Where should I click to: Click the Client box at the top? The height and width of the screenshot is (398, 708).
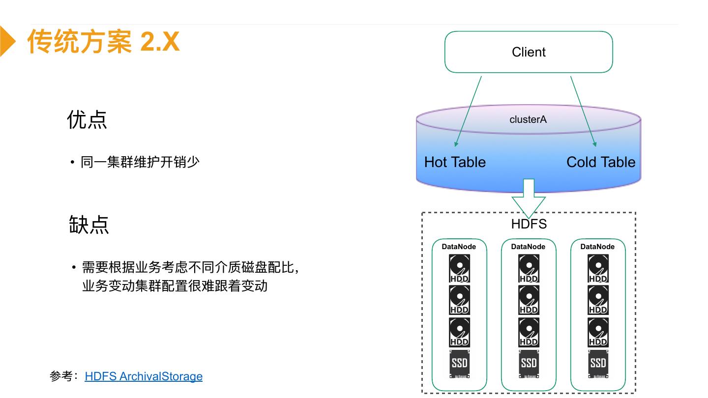529,52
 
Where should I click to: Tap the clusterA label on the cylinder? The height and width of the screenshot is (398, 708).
528,119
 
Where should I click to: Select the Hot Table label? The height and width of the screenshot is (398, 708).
455,162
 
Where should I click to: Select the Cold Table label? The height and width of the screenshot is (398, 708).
601,162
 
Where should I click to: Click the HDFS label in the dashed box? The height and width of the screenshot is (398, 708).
529,224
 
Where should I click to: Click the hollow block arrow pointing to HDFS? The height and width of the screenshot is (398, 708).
529,197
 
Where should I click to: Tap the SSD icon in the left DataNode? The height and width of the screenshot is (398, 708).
459,364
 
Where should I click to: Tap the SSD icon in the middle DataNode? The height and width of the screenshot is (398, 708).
529,364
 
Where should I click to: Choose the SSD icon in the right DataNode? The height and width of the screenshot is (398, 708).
598,364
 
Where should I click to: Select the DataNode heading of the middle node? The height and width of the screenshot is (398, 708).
529,247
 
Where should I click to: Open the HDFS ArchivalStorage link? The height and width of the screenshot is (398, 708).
144,376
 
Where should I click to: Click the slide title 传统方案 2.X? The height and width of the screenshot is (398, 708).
103,41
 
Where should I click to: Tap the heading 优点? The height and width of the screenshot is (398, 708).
87,119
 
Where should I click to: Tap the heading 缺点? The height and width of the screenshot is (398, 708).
88,225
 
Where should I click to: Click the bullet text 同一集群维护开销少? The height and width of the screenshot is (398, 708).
140,162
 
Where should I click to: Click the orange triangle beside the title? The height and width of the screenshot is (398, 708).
7,41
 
